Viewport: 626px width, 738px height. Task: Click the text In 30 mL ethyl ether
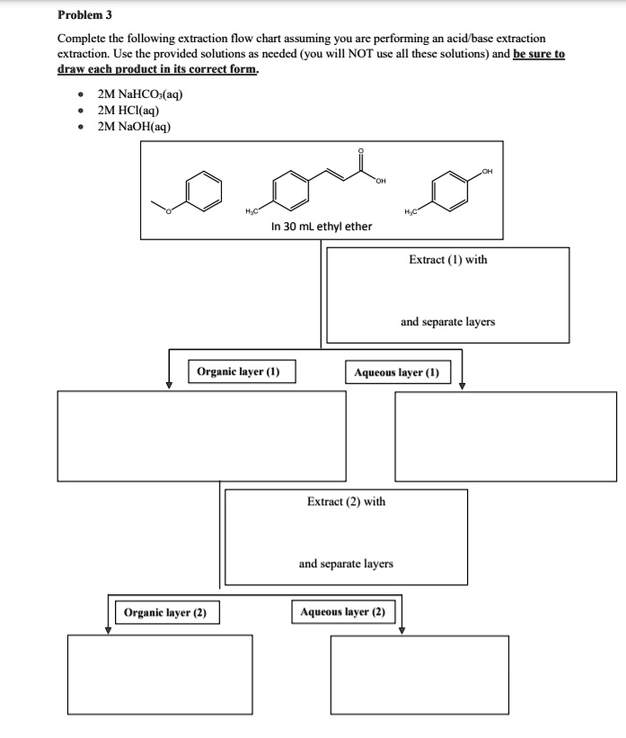coord(321,227)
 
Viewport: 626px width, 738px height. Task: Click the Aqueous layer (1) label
coord(396,372)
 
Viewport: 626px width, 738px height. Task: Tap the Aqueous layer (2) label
coord(342,612)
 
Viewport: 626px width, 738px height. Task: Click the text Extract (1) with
coord(447,260)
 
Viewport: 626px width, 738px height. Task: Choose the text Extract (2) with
coord(346,502)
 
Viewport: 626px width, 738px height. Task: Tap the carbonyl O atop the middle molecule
coord(361,152)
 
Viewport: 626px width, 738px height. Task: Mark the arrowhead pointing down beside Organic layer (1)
coord(168,385)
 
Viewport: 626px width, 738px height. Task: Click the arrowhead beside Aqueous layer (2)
coord(402,629)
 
